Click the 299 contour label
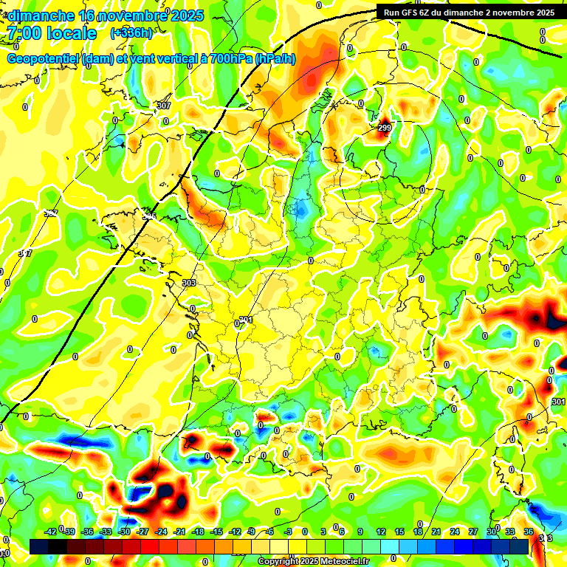point(384,128)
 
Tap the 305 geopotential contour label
point(150,216)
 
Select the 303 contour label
point(188,283)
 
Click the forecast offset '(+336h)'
point(131,33)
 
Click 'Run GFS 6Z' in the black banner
point(410,12)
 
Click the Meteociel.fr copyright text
point(313,561)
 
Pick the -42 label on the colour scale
point(50,532)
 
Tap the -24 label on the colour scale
point(161,532)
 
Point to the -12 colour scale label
point(235,532)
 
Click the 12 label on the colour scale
point(381,532)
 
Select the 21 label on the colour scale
point(436,532)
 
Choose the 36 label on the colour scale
point(529,532)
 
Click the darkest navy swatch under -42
point(39,546)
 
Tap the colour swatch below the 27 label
point(472,546)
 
